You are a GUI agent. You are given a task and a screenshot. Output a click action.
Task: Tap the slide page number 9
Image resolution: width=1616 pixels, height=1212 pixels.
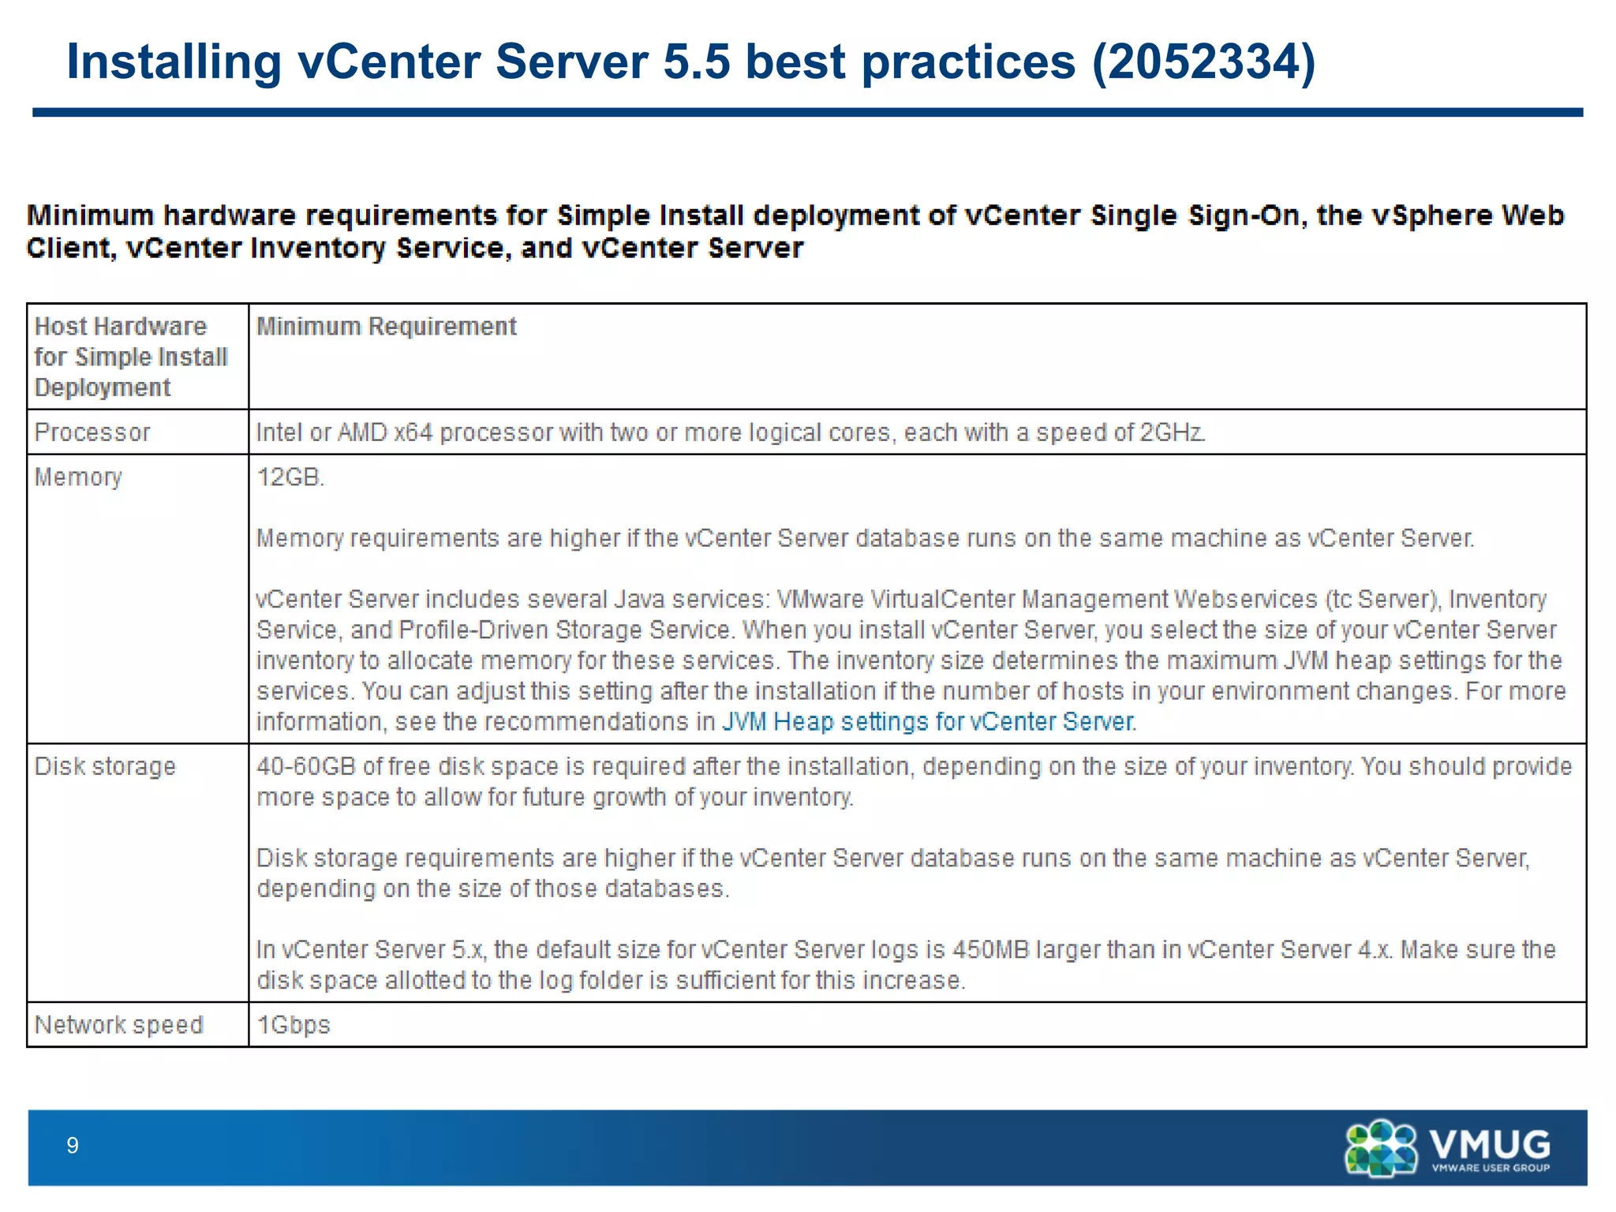pos(73,1146)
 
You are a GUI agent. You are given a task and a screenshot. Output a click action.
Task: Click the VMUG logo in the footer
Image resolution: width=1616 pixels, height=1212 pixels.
pos(1447,1148)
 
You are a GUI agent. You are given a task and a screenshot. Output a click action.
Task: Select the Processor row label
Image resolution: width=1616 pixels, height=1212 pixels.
pos(92,432)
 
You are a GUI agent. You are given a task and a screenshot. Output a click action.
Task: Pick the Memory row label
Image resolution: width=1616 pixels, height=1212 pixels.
pos(78,477)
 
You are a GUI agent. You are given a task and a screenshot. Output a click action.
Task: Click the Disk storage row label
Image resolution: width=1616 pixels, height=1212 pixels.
pos(105,766)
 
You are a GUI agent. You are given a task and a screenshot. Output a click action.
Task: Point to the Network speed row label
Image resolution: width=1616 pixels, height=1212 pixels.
pos(118,1025)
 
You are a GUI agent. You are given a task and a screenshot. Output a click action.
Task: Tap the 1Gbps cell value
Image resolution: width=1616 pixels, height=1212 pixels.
pos(294,1025)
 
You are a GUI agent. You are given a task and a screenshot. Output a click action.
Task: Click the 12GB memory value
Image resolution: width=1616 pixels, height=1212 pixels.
pos(290,477)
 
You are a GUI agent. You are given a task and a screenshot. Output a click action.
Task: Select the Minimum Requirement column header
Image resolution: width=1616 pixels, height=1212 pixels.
pos(387,327)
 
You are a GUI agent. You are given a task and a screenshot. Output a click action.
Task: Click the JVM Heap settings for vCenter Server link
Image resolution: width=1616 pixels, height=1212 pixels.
pos(928,722)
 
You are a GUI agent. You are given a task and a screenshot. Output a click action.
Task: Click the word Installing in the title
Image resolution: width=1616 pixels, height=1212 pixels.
pos(174,62)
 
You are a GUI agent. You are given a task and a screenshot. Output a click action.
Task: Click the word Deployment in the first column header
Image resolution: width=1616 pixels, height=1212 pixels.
pos(103,388)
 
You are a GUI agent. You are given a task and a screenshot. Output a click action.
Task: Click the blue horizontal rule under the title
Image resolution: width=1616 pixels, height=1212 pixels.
pos(807,113)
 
